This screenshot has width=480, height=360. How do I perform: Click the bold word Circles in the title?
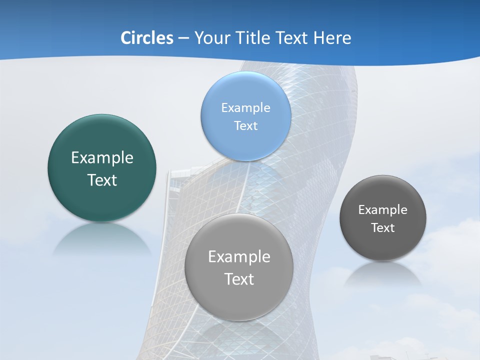pos(146,38)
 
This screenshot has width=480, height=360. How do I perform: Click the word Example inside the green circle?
pos(102,158)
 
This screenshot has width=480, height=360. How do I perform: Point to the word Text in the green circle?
pos(102,180)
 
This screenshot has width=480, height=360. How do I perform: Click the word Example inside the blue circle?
pos(245,107)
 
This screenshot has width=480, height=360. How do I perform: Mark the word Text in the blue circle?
pos(245,125)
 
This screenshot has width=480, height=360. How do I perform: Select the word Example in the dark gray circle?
pos(383,210)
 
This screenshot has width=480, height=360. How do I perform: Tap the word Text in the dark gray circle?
pos(383,228)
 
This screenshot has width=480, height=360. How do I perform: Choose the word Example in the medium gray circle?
pos(239,257)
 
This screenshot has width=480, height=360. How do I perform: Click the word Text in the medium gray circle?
pos(239,279)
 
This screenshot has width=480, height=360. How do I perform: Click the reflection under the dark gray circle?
pos(383,275)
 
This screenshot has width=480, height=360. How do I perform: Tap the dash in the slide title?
pos(183,38)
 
